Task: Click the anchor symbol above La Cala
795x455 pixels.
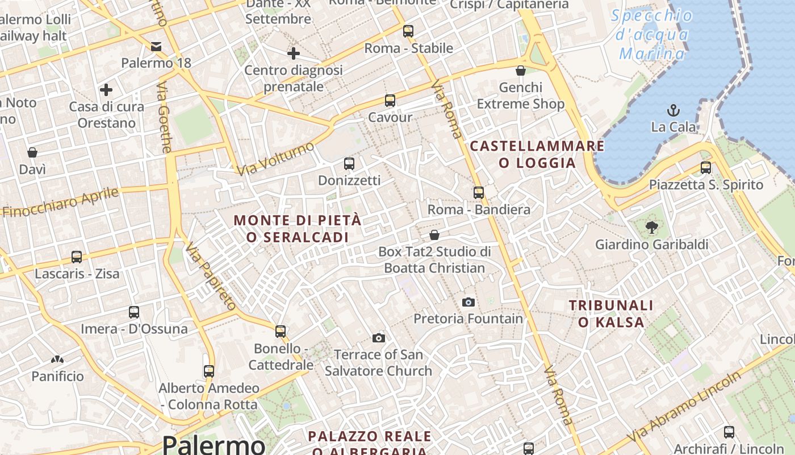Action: (673, 110)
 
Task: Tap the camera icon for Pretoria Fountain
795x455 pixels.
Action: (468, 302)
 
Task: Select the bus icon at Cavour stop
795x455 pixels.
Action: (390, 101)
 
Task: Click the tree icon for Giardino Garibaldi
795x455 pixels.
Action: (652, 227)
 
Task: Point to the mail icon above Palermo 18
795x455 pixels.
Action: (156, 46)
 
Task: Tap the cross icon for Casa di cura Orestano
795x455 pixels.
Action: (106, 90)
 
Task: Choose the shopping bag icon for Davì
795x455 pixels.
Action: (32, 152)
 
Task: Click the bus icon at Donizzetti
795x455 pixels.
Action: (349, 164)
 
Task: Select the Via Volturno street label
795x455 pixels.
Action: (275, 159)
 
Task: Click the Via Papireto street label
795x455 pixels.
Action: (211, 276)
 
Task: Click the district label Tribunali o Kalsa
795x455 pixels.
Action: (611, 314)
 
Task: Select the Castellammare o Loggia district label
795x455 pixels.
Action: (537, 155)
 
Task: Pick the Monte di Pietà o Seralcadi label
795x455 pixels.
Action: (298, 229)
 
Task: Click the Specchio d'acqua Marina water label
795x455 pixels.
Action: (652, 35)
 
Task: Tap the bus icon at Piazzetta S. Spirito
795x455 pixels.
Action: (706, 168)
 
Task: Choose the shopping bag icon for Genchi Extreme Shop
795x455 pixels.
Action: (520, 71)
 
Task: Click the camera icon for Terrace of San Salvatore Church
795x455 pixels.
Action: (379, 338)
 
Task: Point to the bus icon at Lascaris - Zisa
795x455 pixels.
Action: (77, 257)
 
